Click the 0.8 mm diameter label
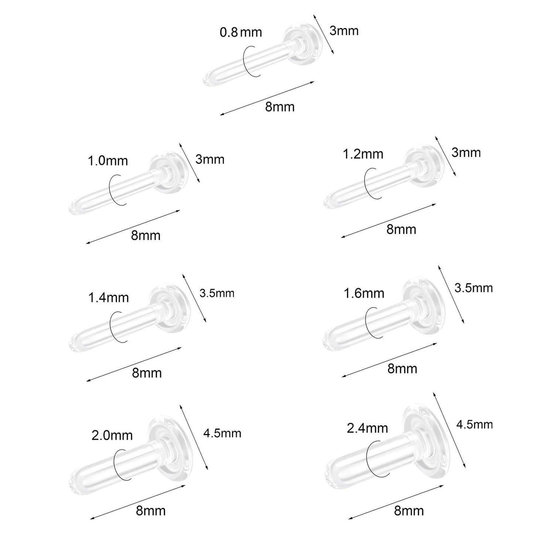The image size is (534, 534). point(241,33)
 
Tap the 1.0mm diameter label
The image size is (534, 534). point(108,161)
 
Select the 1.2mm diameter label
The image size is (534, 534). point(363,154)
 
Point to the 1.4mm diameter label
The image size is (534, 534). point(109,298)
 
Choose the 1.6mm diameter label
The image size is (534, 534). point(364,293)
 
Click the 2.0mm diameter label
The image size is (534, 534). point(112,435)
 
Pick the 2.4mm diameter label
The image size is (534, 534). point(367,428)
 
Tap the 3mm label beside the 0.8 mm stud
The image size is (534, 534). point(344,31)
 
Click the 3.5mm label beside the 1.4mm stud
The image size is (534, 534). point(217,293)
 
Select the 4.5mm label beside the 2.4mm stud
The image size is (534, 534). point(474,425)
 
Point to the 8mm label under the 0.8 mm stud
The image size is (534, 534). point(280,107)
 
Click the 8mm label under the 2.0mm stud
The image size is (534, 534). point(150,511)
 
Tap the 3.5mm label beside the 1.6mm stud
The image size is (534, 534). point(473,288)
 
